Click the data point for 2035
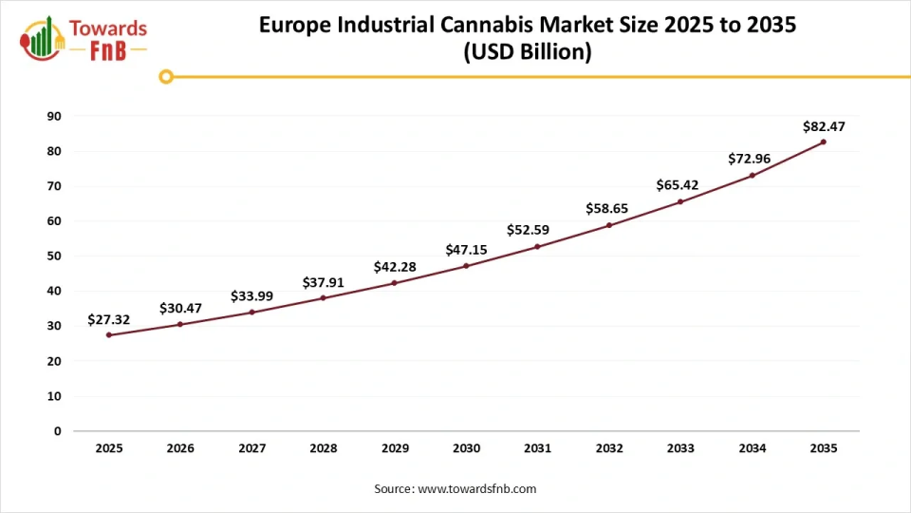(x=823, y=142)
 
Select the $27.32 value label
(x=108, y=320)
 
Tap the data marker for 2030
(x=466, y=266)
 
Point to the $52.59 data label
(x=537, y=230)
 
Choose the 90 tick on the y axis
(x=54, y=116)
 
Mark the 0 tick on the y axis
(x=58, y=431)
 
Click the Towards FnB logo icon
(x=38, y=37)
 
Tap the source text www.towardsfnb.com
(x=477, y=488)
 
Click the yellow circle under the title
(x=166, y=77)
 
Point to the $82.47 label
(x=823, y=125)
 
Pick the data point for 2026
(x=180, y=324)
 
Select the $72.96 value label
(x=752, y=159)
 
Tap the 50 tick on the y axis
(x=54, y=256)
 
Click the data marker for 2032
(x=609, y=225)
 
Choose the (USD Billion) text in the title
(x=528, y=53)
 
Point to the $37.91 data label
(x=323, y=282)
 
